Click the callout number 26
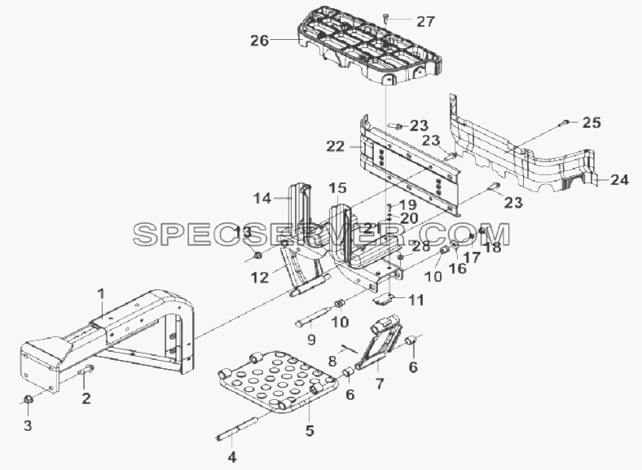[x=260, y=41]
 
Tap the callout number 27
[x=426, y=22]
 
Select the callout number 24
[x=619, y=179]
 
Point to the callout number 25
[x=591, y=122]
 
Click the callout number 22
[x=336, y=146]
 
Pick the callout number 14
[x=262, y=199]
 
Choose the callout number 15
[x=338, y=188]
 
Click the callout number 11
[x=416, y=300]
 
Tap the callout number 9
[x=311, y=340]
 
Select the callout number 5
[x=310, y=430]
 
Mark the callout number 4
[x=231, y=456]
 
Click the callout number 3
[x=28, y=425]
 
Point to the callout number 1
[x=101, y=294]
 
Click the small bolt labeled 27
[x=386, y=18]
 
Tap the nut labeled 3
[x=28, y=399]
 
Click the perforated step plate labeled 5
[x=279, y=381]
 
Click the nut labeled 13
[x=258, y=256]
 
